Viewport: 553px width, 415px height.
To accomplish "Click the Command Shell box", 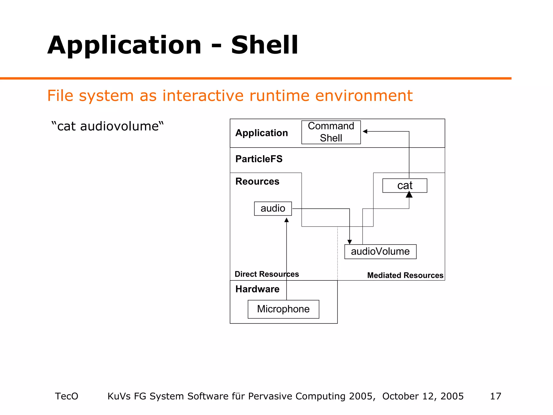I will pos(331,132).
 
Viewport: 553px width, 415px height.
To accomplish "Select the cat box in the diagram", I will pos(404,185).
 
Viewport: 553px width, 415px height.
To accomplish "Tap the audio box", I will pos(273,208).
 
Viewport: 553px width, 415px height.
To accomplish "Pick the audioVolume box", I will pos(380,252).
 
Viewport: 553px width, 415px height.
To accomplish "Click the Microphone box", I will pos(283,309).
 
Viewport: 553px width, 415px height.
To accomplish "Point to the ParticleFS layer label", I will pos(259,159).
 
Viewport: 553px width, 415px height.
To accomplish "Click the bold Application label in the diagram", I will pos(261,133).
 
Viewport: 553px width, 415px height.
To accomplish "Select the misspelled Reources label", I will pos(257,181).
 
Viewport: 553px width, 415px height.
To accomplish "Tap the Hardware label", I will pos(257,289).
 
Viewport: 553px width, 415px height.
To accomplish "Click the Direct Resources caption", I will pos(267,274).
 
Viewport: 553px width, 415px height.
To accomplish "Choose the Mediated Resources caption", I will pos(405,275).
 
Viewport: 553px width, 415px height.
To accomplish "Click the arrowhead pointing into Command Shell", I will pos(365,132).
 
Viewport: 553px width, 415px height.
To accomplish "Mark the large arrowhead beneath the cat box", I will pos(409,195).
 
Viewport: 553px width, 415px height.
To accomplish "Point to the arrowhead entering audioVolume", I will pos(349,242).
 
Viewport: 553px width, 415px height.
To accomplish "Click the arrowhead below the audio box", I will pos(286,220).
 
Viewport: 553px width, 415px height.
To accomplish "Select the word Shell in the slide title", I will pos(264,45).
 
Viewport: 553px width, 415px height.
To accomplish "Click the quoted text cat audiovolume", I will pos(107,126).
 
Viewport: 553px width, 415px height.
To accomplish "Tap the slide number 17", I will pos(495,396).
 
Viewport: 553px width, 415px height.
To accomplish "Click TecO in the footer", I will pos(66,396).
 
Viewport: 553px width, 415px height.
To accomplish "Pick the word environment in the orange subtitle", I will pos(364,96).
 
